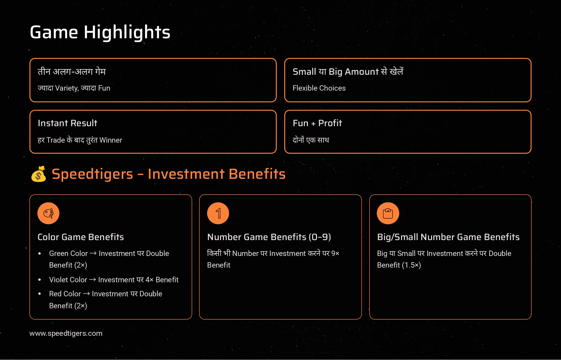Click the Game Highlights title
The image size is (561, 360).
click(100, 32)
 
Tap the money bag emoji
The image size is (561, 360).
click(39, 174)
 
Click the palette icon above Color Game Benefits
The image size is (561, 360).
click(48, 213)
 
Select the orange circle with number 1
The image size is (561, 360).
click(218, 213)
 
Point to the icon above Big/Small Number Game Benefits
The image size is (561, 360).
click(388, 213)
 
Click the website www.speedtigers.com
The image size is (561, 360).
click(66, 333)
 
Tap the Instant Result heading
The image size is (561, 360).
click(68, 123)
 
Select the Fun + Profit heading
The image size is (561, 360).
click(317, 123)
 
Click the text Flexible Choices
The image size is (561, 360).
click(319, 88)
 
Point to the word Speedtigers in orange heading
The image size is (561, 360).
click(92, 174)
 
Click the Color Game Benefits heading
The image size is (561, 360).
click(81, 237)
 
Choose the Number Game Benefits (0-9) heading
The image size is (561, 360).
click(269, 237)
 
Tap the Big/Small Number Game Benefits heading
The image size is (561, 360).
click(449, 237)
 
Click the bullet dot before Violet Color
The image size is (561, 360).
click(39, 280)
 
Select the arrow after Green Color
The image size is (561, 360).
click(93, 254)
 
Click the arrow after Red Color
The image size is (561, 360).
click(86, 294)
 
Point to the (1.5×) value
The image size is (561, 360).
click(411, 265)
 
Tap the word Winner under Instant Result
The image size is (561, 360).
click(111, 140)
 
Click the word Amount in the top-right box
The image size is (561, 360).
click(362, 72)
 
